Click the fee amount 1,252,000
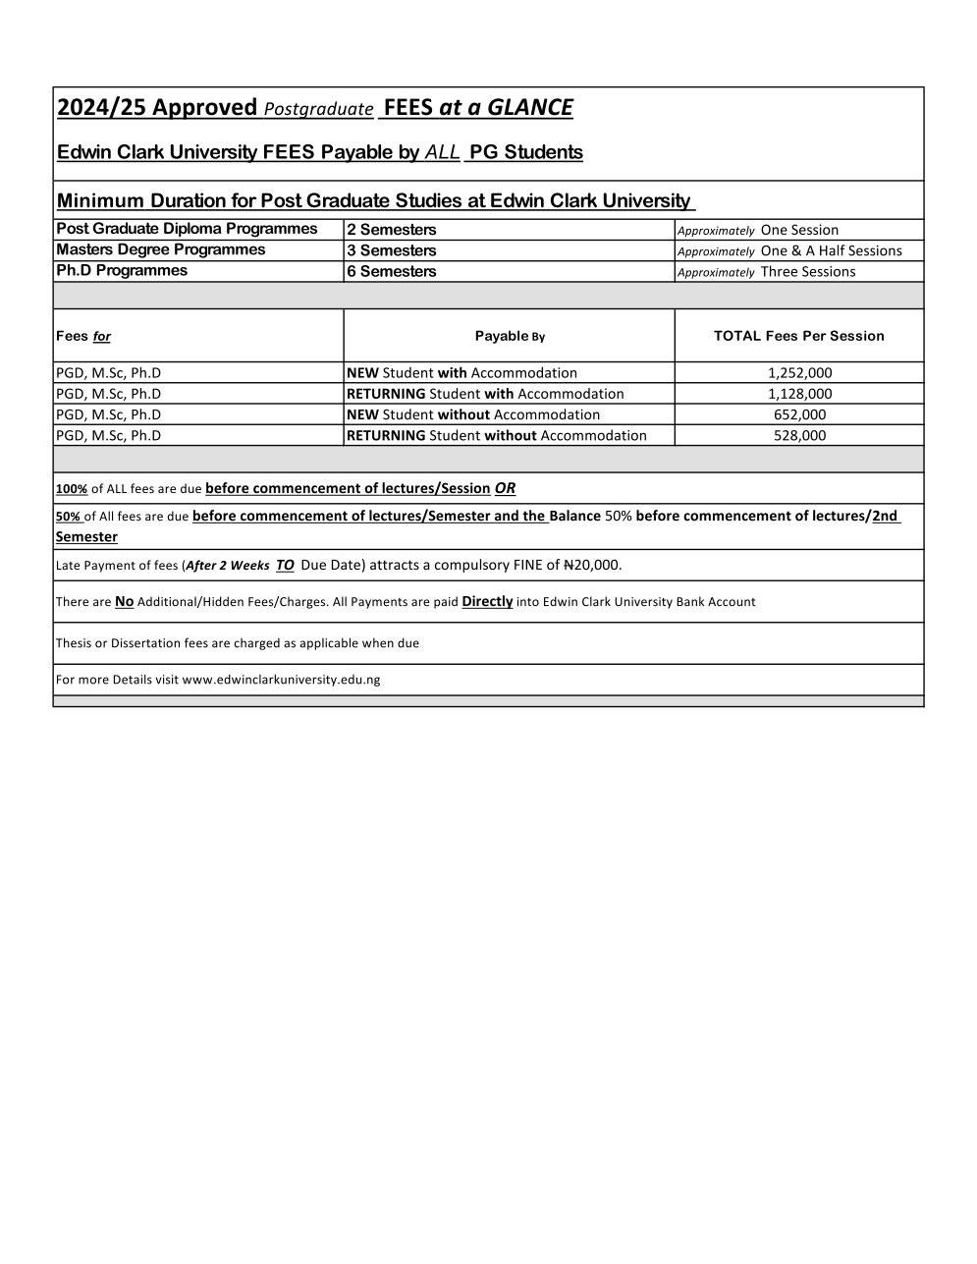coord(799,373)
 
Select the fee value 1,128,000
coord(799,394)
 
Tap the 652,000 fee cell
coord(799,414)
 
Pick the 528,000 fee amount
coord(799,435)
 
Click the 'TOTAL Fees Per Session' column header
coord(798,336)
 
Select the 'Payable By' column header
coord(509,336)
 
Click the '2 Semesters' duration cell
coord(391,230)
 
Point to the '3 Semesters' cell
coord(391,250)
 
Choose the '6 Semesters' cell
coord(391,271)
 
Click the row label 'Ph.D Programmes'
coord(121,271)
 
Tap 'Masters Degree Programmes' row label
coord(160,249)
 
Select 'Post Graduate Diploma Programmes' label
coord(187,229)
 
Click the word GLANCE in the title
coord(529,108)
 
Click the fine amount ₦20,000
coord(592,565)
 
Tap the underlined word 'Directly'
coord(487,601)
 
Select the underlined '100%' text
coord(72,489)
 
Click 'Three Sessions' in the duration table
coord(807,272)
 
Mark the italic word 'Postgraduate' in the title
coord(318,109)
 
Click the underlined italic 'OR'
coord(505,488)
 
